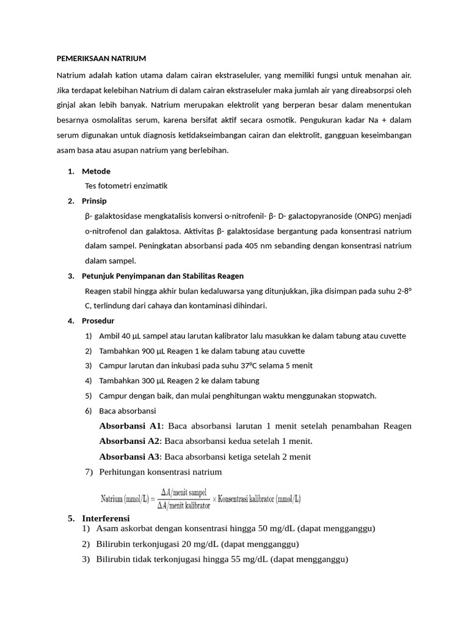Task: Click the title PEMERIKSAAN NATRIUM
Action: (x=101, y=59)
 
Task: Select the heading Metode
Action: (x=96, y=171)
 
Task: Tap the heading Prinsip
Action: (x=95, y=201)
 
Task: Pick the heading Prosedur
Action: (x=98, y=320)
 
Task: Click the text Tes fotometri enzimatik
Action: (x=126, y=186)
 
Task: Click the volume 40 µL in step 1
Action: (x=131, y=336)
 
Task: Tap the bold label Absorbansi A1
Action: (x=131, y=425)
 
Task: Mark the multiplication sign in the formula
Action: (x=214, y=499)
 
